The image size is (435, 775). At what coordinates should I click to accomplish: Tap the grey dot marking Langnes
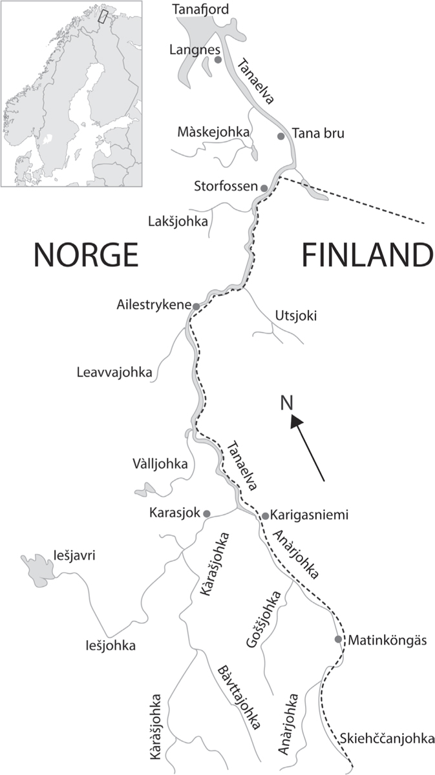[218, 59]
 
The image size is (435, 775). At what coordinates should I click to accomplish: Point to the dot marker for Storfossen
[264, 188]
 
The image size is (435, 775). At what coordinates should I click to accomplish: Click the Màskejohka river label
[213, 132]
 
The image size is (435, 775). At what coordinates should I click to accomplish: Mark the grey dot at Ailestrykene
[195, 306]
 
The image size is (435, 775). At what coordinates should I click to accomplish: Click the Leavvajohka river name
[114, 373]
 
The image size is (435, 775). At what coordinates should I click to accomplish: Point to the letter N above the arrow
[287, 404]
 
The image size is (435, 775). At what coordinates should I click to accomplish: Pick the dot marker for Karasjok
[207, 513]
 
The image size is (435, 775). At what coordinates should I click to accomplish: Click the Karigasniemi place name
[310, 515]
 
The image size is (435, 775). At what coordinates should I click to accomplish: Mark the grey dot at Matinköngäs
[338, 639]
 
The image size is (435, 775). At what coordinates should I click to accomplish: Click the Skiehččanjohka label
[385, 739]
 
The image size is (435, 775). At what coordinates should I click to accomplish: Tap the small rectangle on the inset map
[101, 17]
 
